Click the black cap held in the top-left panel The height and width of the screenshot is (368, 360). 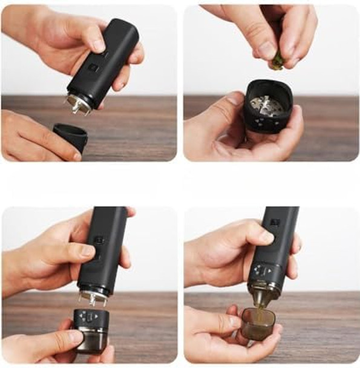(70, 134)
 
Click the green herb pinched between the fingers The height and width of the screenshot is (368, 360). (278, 59)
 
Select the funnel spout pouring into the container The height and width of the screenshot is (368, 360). (262, 300)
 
